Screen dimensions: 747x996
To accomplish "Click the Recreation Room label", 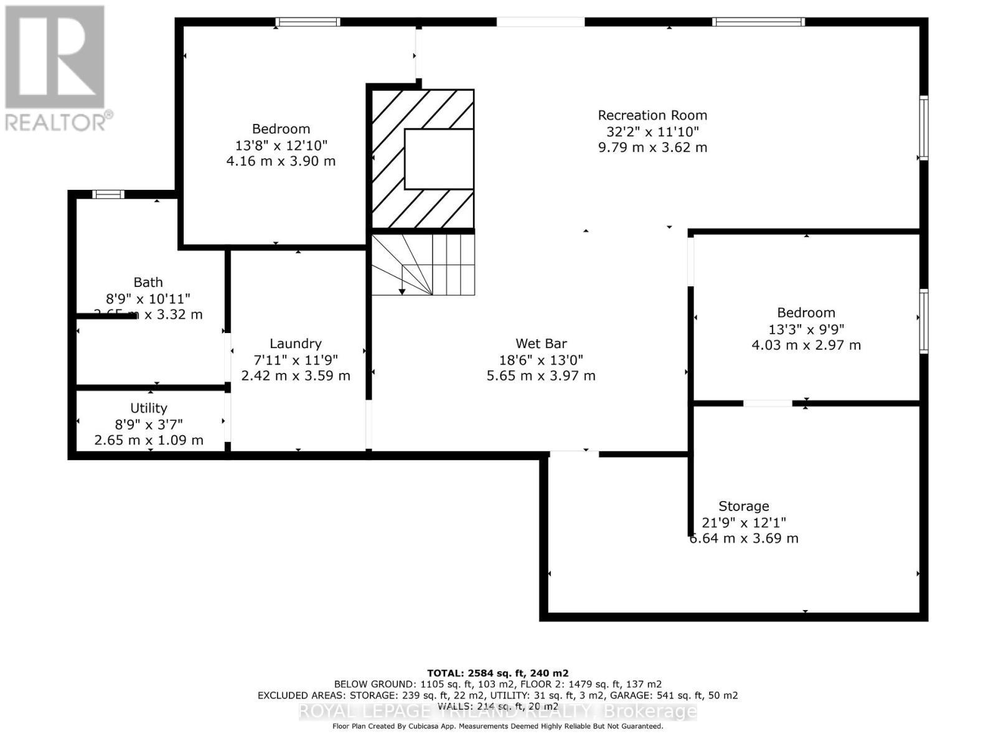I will (652, 115).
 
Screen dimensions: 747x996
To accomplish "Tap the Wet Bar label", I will (541, 344).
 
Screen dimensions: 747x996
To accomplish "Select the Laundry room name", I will (295, 344).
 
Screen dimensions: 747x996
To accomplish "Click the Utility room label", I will (148, 408).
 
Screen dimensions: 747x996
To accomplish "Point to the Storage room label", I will (743, 506).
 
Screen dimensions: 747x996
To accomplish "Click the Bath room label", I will (148, 283).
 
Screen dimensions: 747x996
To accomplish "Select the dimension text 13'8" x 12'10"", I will (281, 145).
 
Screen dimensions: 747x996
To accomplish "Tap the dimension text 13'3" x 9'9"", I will (806, 329).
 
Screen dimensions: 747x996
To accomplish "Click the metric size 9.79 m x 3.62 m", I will (652, 148).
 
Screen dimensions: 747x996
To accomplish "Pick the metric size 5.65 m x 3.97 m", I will (541, 376).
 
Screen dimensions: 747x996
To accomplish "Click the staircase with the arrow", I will (423, 265).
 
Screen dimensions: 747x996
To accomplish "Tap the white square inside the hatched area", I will (439, 159).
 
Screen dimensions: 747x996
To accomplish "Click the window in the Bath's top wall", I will (108, 194).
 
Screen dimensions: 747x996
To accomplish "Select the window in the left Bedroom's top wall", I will (308, 22).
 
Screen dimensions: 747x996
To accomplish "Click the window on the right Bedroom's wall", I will (924, 322).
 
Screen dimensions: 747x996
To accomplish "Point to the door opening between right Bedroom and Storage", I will (768, 403).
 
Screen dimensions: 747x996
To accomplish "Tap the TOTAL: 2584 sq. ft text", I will (497, 673).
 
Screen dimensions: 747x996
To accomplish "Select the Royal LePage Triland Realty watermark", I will (497, 712).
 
